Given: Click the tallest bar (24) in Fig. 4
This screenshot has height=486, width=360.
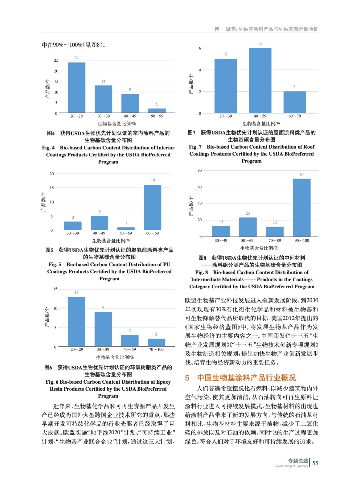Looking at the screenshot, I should [x=76, y=87].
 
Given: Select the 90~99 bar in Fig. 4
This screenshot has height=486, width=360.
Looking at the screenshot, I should [x=157, y=111].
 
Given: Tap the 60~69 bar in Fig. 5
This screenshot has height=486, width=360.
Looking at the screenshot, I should [x=153, y=207].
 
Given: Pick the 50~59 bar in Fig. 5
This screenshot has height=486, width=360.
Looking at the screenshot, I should [x=126, y=228].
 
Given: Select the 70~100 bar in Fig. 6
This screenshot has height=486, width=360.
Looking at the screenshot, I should [x=156, y=342].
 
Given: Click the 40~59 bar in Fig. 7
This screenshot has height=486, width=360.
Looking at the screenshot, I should [x=260, y=80].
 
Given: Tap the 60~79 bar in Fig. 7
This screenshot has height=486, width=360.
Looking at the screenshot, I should [x=294, y=102].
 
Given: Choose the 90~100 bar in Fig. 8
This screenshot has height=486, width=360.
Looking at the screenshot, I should [x=301, y=207].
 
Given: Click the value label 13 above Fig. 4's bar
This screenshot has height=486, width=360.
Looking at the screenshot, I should [x=103, y=81].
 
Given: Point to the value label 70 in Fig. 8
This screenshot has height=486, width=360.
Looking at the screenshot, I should [x=301, y=175].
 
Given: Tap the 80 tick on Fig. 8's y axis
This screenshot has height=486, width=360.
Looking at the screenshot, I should [x=200, y=170].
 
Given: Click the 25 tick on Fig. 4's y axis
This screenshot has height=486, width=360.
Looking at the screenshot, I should [x=56, y=60].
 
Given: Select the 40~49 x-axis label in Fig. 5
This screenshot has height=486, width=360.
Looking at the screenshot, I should [x=99, y=233].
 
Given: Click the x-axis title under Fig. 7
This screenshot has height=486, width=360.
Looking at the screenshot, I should [x=261, y=124].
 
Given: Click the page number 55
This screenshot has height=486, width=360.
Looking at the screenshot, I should [x=315, y=463].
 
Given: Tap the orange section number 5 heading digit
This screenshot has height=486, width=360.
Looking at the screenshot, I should [x=187, y=378].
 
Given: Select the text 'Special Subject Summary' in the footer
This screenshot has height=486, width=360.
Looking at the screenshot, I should [x=291, y=466].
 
